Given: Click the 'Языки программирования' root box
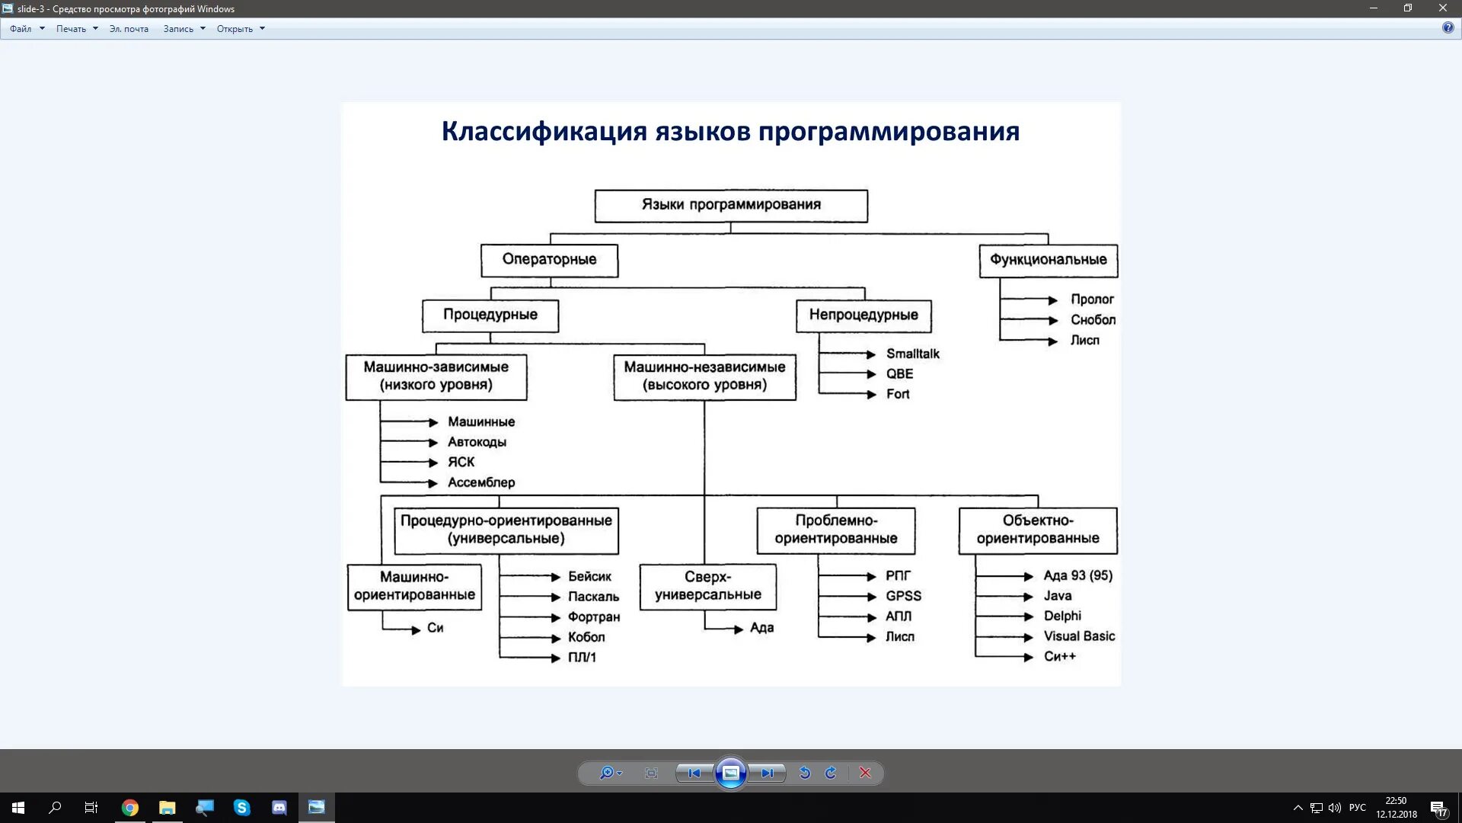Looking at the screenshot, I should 730,206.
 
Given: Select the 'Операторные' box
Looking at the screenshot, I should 549,261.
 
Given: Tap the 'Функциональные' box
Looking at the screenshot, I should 1048,261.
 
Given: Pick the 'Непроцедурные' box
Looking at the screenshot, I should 863,315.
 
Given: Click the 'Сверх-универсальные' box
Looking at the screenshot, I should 707,587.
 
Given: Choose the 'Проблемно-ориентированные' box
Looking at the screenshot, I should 835,530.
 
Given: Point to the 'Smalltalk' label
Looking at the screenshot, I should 912,354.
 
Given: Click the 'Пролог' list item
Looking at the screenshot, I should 1092,299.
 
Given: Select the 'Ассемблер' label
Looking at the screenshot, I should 481,483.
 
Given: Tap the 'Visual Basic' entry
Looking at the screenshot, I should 1079,636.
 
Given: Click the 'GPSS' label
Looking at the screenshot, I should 903,597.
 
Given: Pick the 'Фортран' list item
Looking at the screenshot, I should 594,617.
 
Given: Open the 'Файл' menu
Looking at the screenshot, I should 21,29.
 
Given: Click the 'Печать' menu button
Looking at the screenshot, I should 72,29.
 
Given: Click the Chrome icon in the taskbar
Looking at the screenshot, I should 130,808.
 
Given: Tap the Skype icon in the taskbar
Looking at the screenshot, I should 242,808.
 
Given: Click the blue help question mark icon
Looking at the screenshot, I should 1448,28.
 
